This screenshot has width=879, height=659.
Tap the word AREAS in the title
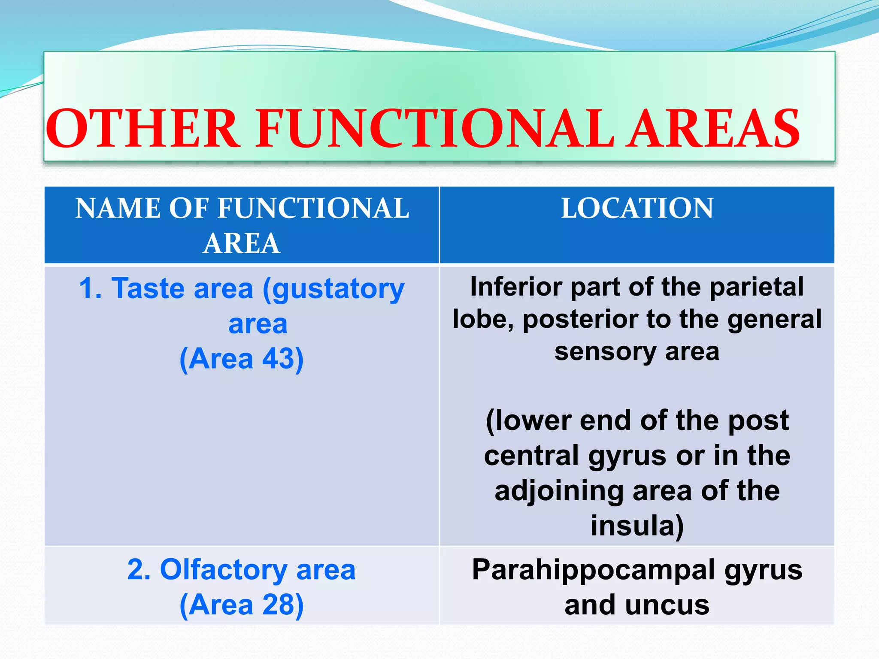(712, 129)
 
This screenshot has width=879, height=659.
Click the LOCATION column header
(637, 209)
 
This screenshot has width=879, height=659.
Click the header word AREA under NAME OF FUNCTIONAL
(242, 244)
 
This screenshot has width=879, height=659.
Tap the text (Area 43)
(242, 359)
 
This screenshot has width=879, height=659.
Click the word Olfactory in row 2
(224, 570)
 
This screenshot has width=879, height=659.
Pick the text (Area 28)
(242, 605)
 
